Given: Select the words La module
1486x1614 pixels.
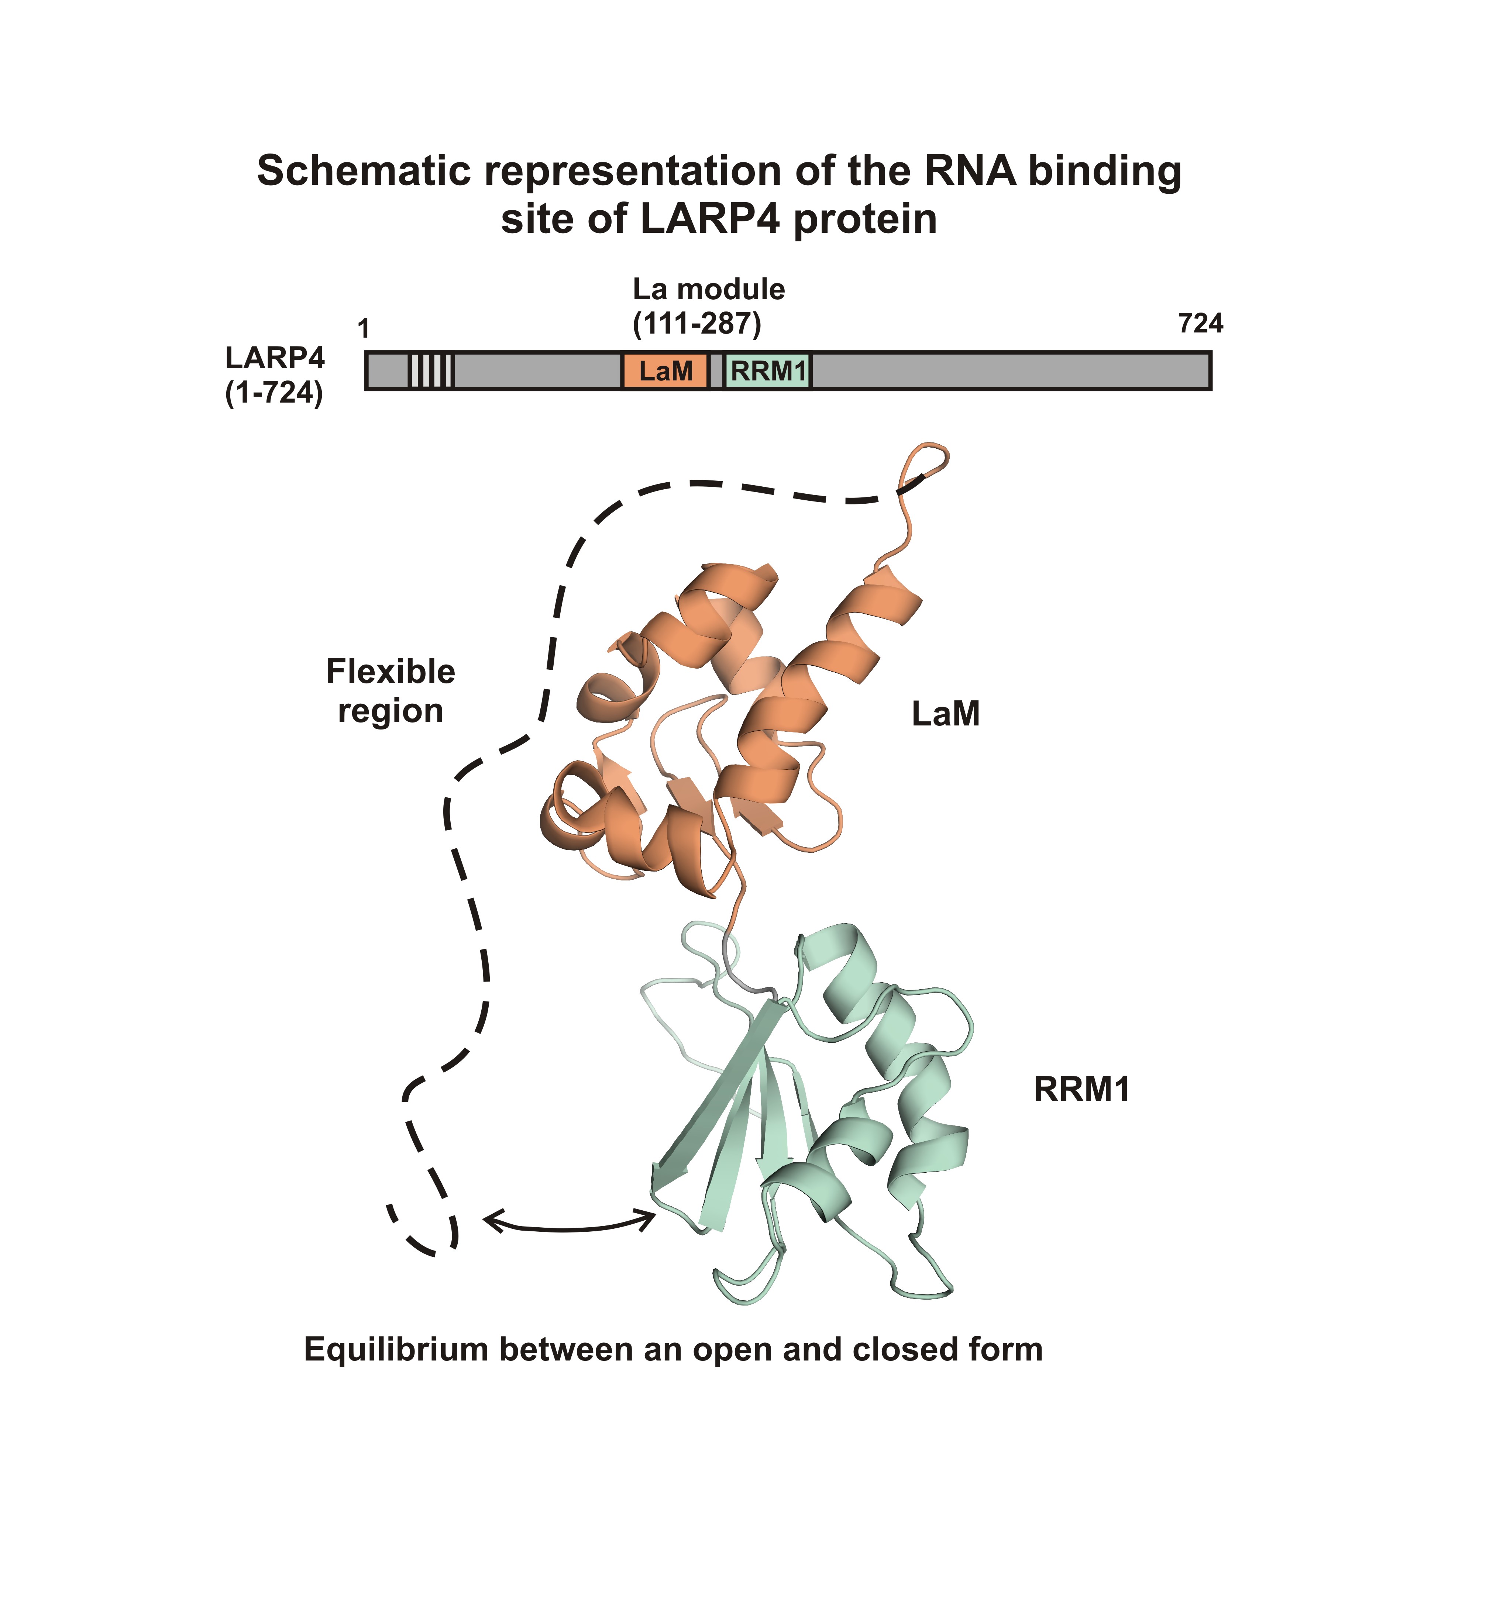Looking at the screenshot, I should tap(708, 289).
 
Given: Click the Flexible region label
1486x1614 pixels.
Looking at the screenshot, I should tap(391, 690).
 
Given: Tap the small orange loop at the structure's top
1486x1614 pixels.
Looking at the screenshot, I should tap(931, 460).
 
